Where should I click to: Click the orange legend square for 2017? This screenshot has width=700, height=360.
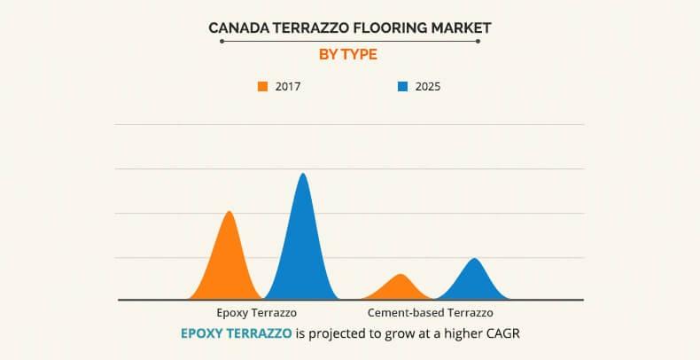coord(263,87)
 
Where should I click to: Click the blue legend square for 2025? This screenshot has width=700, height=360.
coord(402,87)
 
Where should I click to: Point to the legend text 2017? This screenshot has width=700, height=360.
coord(289,87)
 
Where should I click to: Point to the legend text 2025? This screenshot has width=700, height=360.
coord(427,87)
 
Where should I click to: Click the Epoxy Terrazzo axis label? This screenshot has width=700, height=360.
coord(257,313)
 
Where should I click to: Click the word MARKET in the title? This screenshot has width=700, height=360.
coord(461,28)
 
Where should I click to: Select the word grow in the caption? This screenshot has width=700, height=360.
coord(396,334)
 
